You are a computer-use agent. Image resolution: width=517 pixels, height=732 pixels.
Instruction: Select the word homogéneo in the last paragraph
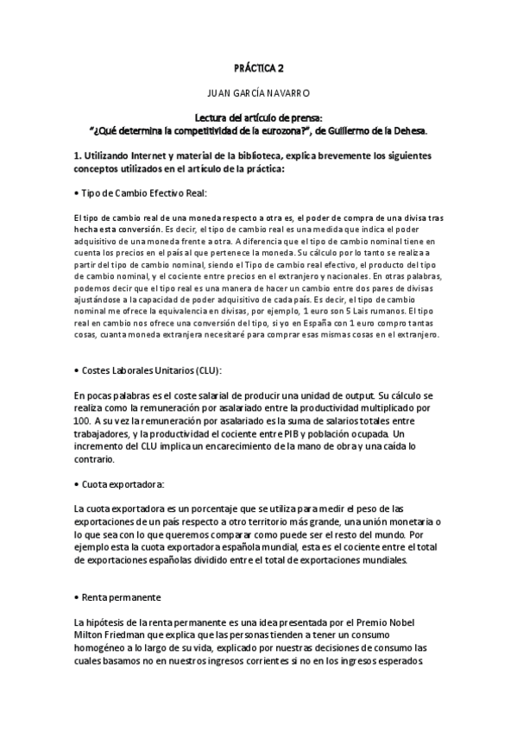(104, 646)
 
